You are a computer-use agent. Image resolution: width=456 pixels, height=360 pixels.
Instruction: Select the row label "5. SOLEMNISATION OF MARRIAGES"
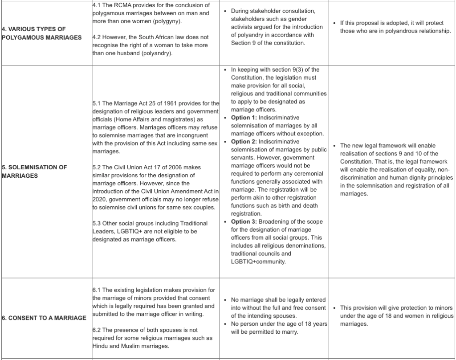pyautogui.click(x=34, y=172)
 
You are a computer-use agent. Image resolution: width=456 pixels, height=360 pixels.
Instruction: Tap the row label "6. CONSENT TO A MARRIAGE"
pyautogui.click(x=44, y=318)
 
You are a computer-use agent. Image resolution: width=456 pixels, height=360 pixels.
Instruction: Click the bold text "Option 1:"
pyautogui.click(x=244, y=118)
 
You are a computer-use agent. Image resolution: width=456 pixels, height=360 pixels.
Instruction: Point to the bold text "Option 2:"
pyautogui.click(x=244, y=142)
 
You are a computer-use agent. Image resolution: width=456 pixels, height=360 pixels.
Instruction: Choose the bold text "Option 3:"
pyautogui.click(x=244, y=222)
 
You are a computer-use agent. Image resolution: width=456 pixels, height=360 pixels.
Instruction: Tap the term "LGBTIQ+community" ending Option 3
pyautogui.click(x=257, y=262)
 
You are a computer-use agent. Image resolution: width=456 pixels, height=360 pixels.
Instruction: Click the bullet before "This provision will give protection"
pyautogui.click(x=335, y=308)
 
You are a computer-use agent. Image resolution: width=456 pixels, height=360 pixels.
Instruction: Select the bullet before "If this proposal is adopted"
pyautogui.click(x=335, y=23)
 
